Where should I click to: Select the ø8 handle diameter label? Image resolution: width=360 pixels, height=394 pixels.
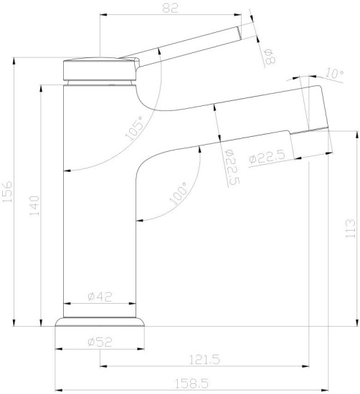270,57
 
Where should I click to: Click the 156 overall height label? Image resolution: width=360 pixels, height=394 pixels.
8,192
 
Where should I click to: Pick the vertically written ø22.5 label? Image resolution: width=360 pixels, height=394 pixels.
231,167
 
